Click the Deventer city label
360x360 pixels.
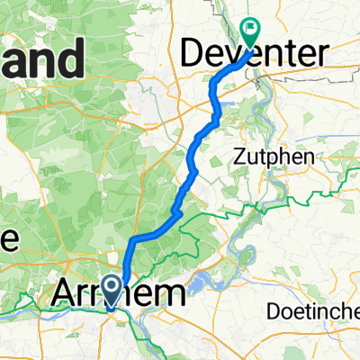point(254,54)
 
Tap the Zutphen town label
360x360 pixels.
point(283,157)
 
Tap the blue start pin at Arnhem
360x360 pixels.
point(112,290)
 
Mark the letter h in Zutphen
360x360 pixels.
point(296,157)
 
